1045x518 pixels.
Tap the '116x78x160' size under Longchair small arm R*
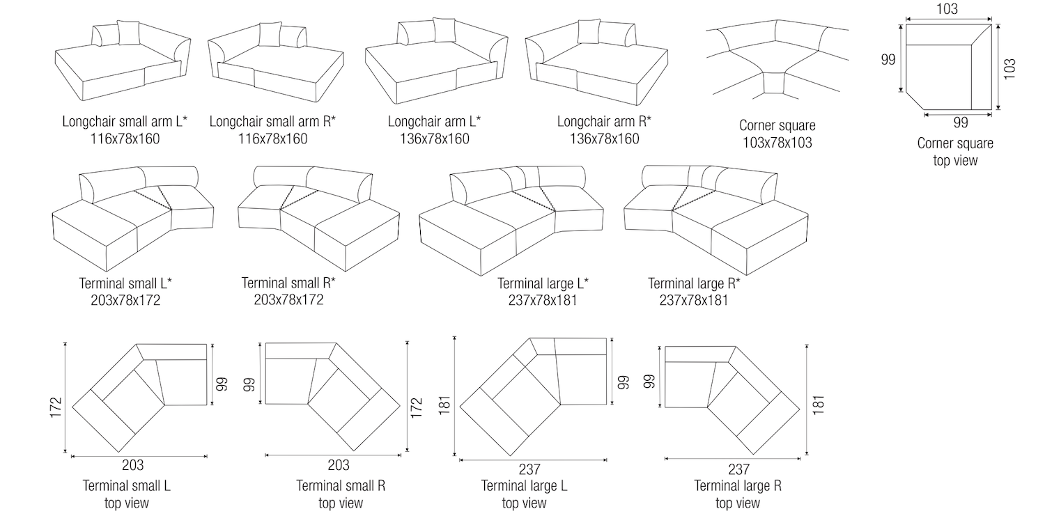[273, 139]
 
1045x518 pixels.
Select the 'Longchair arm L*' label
[435, 122]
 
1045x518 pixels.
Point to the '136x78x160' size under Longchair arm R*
[604, 139]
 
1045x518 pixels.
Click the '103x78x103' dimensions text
[777, 143]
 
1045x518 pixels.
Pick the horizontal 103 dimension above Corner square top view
[947, 9]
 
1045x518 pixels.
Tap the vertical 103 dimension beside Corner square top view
[1010, 68]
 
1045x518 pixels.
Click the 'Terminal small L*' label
[126, 283]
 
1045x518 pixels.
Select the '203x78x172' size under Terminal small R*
[288, 299]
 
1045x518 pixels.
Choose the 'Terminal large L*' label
[543, 283]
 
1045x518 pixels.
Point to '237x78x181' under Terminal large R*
[693, 300]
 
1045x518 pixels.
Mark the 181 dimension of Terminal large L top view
[445, 402]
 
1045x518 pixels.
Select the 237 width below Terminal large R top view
[738, 469]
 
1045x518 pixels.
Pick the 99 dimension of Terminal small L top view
[221, 384]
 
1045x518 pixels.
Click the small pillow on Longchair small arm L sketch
[128, 33]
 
